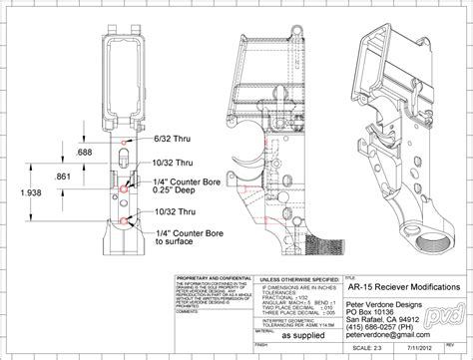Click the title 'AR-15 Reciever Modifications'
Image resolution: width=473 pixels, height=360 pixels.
403,285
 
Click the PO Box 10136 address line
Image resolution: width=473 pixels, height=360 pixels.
376,309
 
